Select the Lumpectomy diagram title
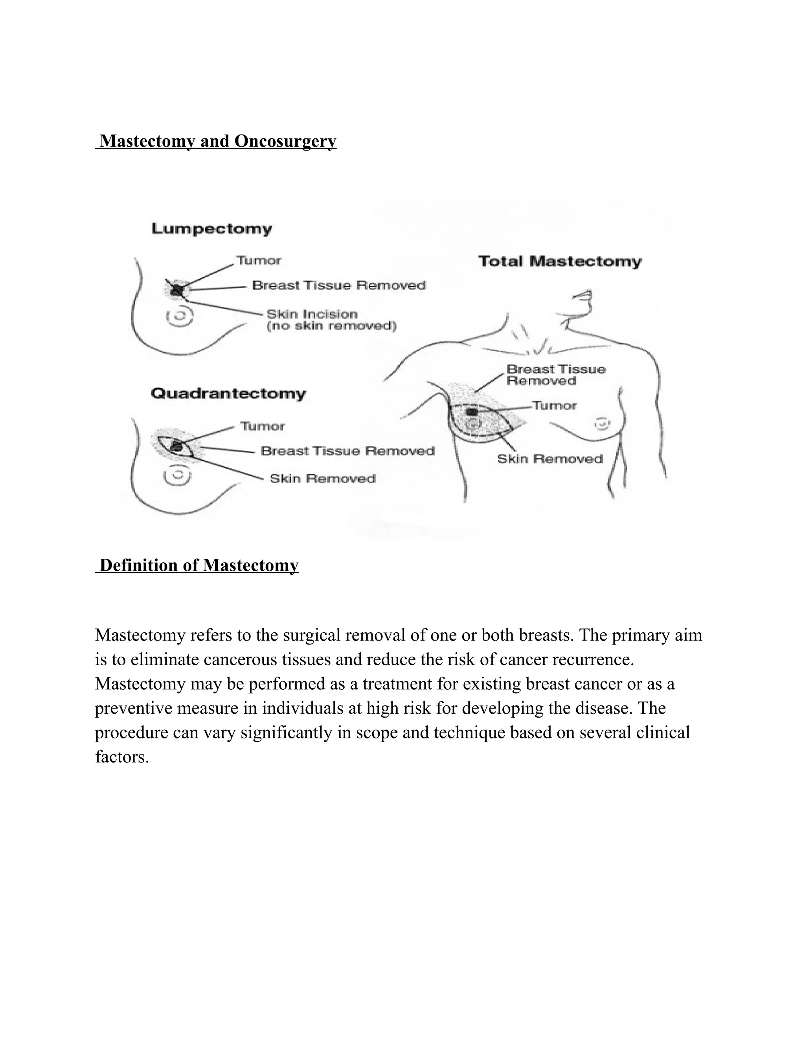pyautogui.click(x=212, y=229)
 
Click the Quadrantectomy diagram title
pyautogui.click(x=228, y=394)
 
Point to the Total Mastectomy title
pyautogui.click(x=560, y=261)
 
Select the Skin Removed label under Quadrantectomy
pyautogui.click(x=322, y=479)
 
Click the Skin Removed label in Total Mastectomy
pyautogui.click(x=550, y=459)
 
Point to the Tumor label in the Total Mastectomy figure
pyautogui.click(x=555, y=405)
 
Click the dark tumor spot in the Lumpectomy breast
pyautogui.click(x=177, y=289)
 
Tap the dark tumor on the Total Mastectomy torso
pyautogui.click(x=472, y=411)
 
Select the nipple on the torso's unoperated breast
pyautogui.click(x=602, y=423)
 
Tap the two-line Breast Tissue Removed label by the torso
pyautogui.click(x=555, y=375)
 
